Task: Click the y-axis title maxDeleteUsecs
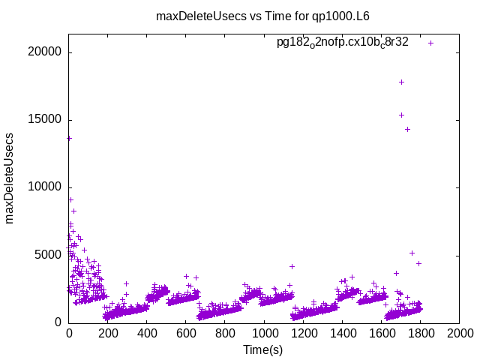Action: [10, 178]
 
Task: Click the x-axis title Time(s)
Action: [262, 349]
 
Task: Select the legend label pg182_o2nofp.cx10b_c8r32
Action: [343, 43]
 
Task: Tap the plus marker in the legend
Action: [431, 43]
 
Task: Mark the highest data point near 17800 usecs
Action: [402, 82]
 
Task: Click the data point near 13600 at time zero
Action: [69, 138]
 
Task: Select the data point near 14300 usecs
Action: [407, 129]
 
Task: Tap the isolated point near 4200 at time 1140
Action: [292, 266]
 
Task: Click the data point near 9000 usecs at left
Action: [70, 199]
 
